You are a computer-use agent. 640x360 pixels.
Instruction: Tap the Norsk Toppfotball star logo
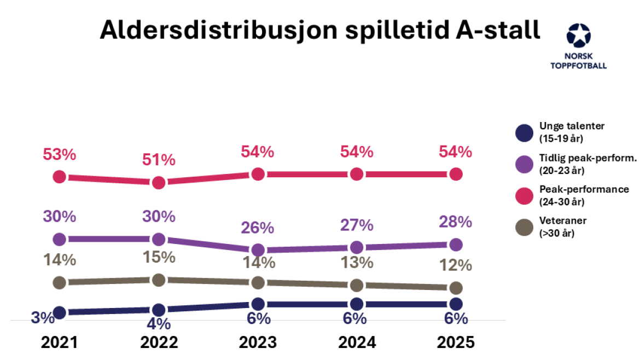pos(578,36)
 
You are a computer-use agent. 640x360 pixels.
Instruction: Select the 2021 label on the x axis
pos(59,342)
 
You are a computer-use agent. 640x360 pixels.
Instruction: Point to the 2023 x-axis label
pos(258,342)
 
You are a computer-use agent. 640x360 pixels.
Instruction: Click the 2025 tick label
pos(456,342)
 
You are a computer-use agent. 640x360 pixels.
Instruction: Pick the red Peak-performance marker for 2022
pos(159,182)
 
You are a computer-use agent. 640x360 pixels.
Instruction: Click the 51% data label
pos(159,160)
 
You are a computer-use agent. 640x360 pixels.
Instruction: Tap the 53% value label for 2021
pos(60,155)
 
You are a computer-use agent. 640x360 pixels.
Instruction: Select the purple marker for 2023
pos(258,250)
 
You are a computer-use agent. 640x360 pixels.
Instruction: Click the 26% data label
pos(258,228)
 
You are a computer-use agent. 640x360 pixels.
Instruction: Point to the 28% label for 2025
pos(456,222)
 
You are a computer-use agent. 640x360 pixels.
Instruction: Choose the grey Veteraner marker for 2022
pos(159,280)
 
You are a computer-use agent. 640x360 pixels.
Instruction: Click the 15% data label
pos(159,257)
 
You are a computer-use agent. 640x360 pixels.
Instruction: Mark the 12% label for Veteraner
pos(456,265)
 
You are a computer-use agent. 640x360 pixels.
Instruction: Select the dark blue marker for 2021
pos(60,312)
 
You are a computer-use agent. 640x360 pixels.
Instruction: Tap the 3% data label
pos(43,317)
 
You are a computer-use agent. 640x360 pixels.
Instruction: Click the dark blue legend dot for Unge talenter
pos(524,133)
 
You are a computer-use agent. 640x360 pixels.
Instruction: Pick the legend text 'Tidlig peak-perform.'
pos(587,158)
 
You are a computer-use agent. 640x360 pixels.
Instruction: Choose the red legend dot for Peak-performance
pos(524,196)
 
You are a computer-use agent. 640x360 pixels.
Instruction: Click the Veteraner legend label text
pos(563,221)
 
